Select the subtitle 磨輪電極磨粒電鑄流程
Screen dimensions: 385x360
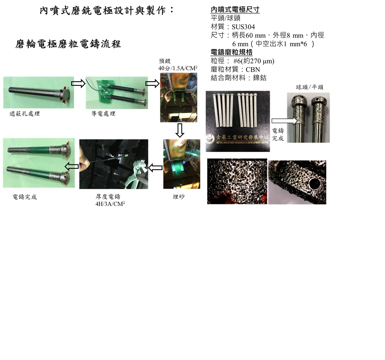pyautogui.click(x=68, y=44)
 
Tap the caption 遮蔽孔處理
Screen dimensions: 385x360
pyautogui.click(x=25, y=114)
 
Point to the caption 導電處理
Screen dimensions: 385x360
pyautogui.click(x=103, y=114)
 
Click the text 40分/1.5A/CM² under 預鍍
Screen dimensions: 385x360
pyautogui.click(x=178, y=68)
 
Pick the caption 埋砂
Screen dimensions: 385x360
pyautogui.click(x=179, y=197)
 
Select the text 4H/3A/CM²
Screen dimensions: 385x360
pyautogui.click(x=110, y=204)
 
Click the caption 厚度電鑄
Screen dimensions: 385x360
pyautogui.click(x=108, y=197)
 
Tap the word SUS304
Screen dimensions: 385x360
pyautogui.click(x=243, y=27)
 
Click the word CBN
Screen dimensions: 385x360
pyautogui.click(x=253, y=70)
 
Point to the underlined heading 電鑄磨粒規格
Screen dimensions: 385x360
pyautogui.click(x=231, y=52)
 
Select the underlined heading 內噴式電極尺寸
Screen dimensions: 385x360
pyautogui.click(x=235, y=10)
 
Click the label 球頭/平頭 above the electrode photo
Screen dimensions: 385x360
pyautogui.click(x=310, y=87)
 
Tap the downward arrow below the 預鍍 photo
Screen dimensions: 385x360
pyautogui.click(x=180, y=130)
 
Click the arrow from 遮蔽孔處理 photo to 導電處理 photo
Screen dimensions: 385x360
pyautogui.click(x=78, y=84)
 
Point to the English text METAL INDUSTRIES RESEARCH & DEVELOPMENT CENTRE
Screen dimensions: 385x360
pyautogui.click(x=242, y=143)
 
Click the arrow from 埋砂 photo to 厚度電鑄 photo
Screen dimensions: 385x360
pyautogui.click(x=156, y=168)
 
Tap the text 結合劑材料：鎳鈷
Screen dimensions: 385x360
pyautogui.click(x=238, y=78)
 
